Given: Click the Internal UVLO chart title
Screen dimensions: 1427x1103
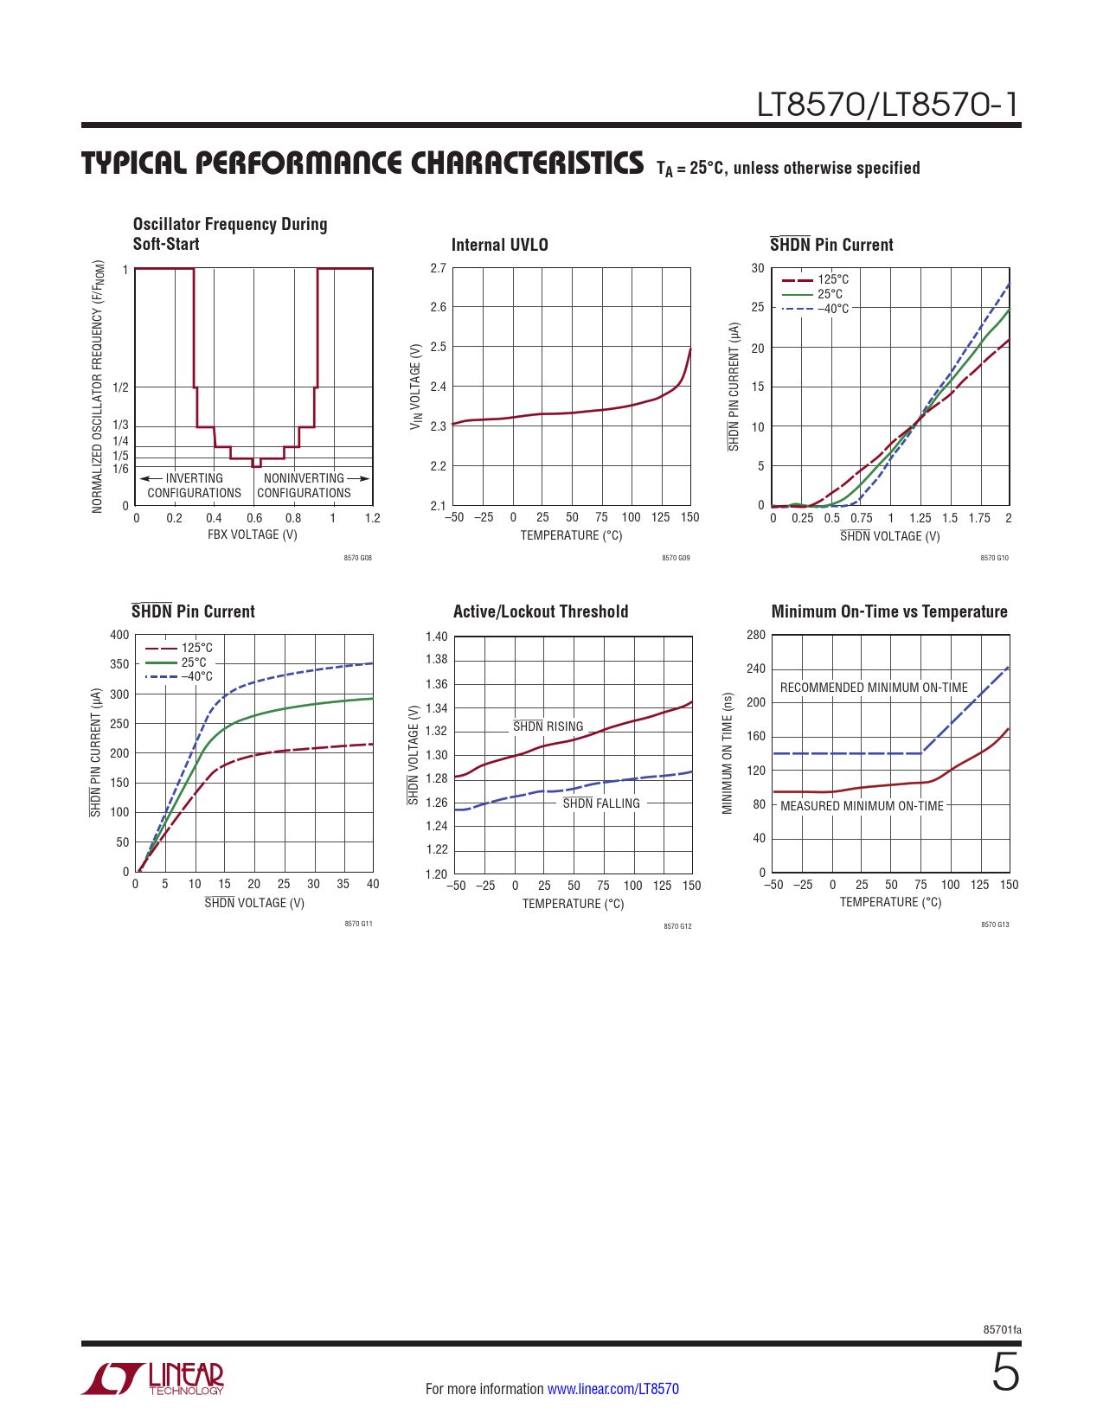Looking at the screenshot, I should (499, 245).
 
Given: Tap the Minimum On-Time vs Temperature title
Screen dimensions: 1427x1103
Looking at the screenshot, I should (889, 611).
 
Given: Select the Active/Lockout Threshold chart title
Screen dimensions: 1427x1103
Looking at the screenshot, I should (541, 611).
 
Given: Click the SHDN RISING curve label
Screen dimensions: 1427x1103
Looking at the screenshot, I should (548, 726).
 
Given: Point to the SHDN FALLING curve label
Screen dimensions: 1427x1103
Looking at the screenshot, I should (601, 803).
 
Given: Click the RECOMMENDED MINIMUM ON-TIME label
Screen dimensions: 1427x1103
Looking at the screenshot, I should (874, 688).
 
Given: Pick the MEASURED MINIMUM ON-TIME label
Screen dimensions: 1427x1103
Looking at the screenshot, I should (862, 806).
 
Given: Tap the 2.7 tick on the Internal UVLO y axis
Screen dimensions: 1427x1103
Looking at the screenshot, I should (439, 268).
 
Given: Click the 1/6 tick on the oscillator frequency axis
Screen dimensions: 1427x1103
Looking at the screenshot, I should (120, 469).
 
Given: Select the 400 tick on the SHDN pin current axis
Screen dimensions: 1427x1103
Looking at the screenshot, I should (119, 635).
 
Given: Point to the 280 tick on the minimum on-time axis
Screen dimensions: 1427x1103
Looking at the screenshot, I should (756, 635).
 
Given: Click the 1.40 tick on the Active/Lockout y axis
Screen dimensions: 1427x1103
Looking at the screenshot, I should (437, 637).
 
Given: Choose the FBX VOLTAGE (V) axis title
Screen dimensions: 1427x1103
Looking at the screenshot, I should (253, 534).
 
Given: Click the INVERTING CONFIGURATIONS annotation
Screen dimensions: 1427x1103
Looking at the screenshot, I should (194, 485).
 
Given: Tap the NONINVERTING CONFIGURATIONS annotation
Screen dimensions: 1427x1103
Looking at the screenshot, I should (305, 485).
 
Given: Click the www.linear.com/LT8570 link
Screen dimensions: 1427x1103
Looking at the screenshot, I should (612, 1389).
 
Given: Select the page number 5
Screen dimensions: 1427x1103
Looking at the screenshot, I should (1005, 1373).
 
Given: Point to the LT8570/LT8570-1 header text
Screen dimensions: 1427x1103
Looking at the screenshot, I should (888, 105).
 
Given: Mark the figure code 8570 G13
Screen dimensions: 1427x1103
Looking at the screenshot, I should (994, 925).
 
